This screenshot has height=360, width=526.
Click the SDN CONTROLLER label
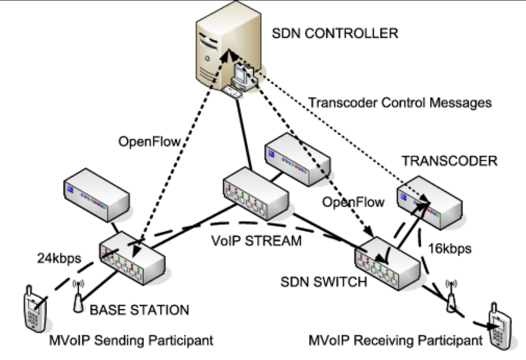[x=335, y=33]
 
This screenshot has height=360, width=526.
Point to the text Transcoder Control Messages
[x=400, y=102]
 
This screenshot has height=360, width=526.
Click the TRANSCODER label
[x=449, y=161]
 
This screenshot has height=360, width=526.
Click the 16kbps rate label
[x=450, y=248]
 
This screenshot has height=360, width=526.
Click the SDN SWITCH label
[x=323, y=282]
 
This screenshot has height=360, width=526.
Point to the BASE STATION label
[x=139, y=309]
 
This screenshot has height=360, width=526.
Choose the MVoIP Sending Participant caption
[x=131, y=341]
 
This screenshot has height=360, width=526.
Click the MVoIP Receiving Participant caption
[x=396, y=341]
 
